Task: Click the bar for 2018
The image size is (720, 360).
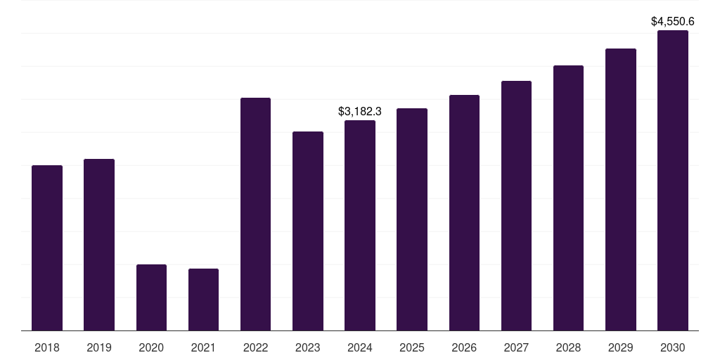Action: tap(47, 247)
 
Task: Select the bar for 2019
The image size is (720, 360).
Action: tap(99, 245)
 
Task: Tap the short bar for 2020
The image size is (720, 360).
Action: tap(151, 297)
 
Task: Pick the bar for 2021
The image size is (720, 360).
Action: tap(203, 300)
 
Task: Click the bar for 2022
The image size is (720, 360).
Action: tap(255, 214)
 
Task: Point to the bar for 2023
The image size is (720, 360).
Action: tap(308, 231)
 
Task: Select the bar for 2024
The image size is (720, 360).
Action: tap(360, 225)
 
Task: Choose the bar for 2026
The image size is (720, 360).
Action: tap(464, 212)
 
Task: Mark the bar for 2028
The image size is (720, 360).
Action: tap(568, 198)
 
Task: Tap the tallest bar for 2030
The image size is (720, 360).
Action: tap(673, 180)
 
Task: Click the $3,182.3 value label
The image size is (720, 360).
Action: tap(360, 111)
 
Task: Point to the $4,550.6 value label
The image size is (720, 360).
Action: tap(673, 22)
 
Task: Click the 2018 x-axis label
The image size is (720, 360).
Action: tap(47, 347)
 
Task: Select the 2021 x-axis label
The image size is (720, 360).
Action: tap(203, 347)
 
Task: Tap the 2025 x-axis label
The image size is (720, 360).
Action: tap(412, 347)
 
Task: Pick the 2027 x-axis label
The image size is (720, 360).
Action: tap(516, 347)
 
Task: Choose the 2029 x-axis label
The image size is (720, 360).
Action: tap(620, 347)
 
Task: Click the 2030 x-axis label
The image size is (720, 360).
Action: tap(673, 347)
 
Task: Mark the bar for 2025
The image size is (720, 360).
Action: tap(412, 219)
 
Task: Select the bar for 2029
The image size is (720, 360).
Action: tap(620, 189)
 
